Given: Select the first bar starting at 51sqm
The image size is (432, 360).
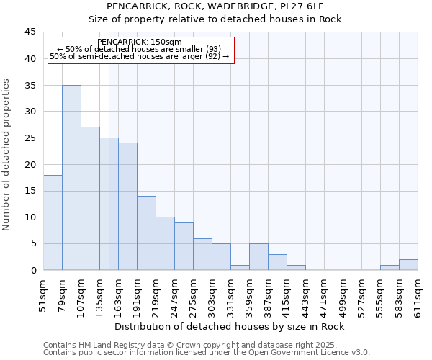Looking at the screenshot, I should [53, 222].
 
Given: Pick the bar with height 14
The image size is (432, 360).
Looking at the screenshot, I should [146, 233].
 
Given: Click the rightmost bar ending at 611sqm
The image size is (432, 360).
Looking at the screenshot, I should [408, 265].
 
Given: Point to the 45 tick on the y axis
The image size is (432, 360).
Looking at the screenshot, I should [30, 32].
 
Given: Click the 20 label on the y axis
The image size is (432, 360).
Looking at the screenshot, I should [30, 164].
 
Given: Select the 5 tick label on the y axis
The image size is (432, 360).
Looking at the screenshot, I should [32, 243].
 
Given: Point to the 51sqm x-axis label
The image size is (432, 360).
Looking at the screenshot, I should [44, 294].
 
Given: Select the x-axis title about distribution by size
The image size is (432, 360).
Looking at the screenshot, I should [230, 326].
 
